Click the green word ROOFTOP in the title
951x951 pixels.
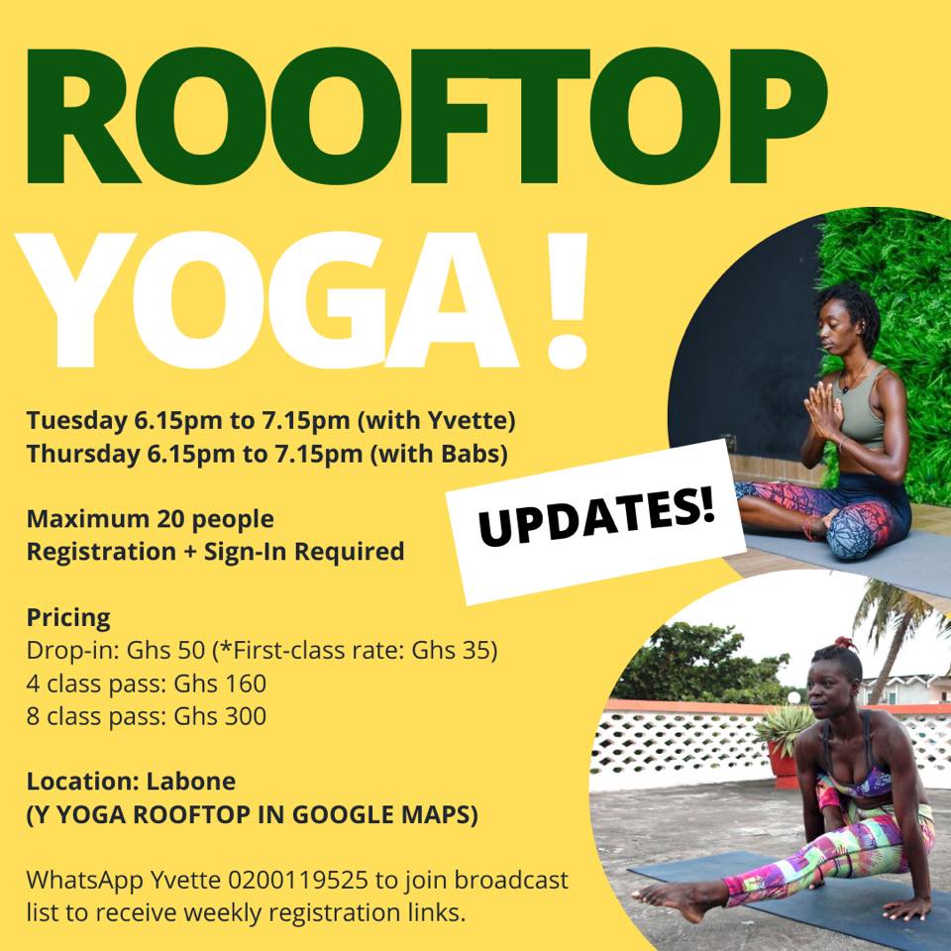click(426, 116)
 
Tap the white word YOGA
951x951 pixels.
click(266, 300)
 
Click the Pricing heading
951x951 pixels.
click(68, 618)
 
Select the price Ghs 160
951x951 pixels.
click(220, 684)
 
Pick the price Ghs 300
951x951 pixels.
click(220, 716)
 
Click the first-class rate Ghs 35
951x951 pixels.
click(450, 650)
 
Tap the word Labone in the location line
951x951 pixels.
click(191, 782)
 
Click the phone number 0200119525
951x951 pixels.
click(298, 880)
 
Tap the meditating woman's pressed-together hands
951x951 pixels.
click(823, 410)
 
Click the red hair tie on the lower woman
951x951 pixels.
click(845, 643)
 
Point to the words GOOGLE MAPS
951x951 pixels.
click(384, 814)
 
